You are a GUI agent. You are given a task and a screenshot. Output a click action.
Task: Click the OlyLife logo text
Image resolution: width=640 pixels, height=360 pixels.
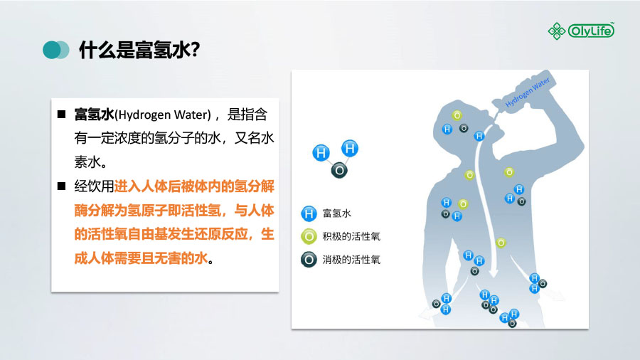point(591,31)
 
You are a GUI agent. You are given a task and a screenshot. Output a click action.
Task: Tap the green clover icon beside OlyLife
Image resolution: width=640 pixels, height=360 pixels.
point(556,31)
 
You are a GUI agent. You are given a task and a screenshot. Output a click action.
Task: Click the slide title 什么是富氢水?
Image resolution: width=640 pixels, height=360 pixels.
point(139,50)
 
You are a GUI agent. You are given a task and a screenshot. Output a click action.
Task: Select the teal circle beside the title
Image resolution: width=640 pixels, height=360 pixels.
point(52,50)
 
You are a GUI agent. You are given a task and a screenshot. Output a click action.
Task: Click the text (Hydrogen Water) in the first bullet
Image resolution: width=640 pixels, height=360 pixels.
point(163,115)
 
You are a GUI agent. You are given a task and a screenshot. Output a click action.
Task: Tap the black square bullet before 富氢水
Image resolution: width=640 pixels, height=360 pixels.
point(62,115)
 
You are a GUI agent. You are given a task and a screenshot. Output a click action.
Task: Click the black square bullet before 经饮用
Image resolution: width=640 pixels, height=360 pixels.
point(62,186)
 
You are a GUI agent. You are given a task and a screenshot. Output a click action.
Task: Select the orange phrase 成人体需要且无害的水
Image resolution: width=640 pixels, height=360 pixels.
point(141,258)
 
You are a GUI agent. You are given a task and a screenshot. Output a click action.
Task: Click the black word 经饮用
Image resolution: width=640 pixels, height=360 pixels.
point(94,186)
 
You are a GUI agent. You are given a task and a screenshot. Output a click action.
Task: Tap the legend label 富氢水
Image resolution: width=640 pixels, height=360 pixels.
point(337,213)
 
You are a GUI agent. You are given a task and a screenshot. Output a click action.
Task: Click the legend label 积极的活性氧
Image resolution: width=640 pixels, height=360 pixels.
point(351,236)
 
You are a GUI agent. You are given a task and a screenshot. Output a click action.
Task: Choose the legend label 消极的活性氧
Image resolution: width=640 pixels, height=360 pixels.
point(351,260)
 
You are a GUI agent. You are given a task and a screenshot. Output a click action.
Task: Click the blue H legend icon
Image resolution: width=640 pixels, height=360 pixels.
point(309,213)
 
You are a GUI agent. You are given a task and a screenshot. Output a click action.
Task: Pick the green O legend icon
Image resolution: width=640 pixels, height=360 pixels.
point(309,237)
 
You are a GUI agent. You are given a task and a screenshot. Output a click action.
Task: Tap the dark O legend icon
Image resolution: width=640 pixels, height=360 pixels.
point(309,260)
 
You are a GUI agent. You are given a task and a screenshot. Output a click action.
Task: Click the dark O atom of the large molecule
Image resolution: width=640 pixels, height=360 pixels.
point(339,170)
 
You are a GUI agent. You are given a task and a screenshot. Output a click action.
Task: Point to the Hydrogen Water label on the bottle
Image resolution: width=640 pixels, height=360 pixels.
point(528,92)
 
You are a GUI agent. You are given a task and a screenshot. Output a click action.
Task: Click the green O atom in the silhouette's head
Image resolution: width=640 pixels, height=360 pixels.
point(457,115)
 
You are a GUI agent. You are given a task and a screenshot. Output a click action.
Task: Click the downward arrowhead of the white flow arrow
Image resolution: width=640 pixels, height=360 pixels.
point(494,272)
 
